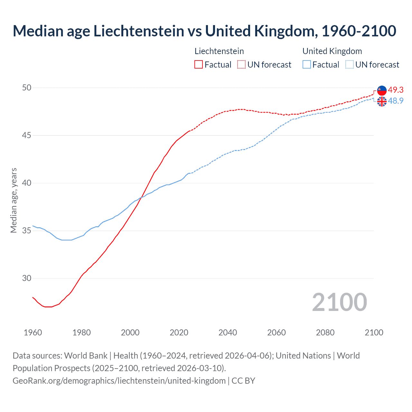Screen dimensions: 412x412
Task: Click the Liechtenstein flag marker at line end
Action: click(x=382, y=90)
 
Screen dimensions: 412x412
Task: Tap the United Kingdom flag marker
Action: click(x=382, y=101)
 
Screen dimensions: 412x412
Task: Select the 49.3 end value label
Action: click(x=396, y=90)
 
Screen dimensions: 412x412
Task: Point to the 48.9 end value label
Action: click(x=396, y=101)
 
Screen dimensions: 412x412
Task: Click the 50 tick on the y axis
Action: click(x=27, y=88)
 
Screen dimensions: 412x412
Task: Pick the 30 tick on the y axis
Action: click(x=27, y=278)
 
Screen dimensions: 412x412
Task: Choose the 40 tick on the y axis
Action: click(x=27, y=183)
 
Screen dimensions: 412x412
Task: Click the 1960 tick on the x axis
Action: click(x=33, y=332)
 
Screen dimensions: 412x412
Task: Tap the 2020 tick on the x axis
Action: click(x=179, y=332)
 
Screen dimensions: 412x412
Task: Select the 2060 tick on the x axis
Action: click(x=276, y=332)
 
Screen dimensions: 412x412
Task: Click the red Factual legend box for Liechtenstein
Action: click(x=199, y=65)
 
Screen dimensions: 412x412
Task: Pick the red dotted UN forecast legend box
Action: click(x=241, y=65)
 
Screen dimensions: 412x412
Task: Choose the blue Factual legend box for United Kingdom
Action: click(x=307, y=65)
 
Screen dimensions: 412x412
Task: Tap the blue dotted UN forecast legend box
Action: click(x=350, y=65)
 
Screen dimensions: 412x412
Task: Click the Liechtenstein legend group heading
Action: click(x=219, y=51)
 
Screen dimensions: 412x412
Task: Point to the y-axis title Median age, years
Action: click(x=14, y=200)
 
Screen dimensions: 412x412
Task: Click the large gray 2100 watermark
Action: click(x=339, y=302)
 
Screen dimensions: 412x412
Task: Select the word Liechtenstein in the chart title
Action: click(x=139, y=31)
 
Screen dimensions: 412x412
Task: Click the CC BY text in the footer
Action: click(x=243, y=381)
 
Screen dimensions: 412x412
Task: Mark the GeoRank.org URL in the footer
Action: click(x=119, y=381)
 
